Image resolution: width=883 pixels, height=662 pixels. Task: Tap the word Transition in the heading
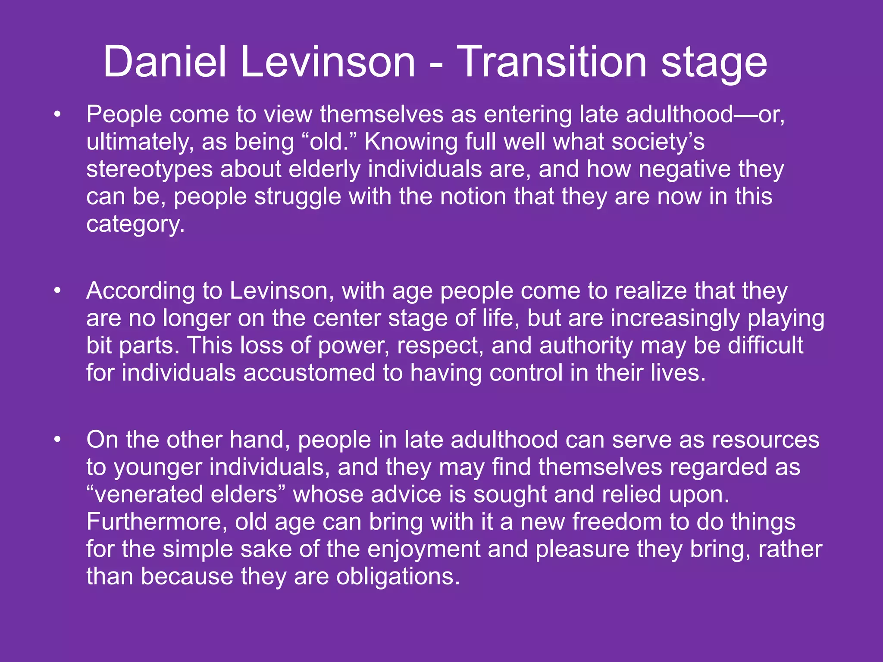coord(551,62)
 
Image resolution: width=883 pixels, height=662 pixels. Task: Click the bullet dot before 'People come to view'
coord(57,115)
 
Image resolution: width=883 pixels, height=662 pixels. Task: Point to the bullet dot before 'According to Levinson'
coord(57,291)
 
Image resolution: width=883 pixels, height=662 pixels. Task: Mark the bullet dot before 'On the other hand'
coord(57,440)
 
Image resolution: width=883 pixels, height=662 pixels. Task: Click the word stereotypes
coord(149,169)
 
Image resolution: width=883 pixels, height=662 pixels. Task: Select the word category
coord(135,225)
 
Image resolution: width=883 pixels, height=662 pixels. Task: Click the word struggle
coord(297,197)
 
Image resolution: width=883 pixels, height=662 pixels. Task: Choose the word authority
coord(586,346)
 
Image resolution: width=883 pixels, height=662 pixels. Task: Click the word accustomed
coord(309,373)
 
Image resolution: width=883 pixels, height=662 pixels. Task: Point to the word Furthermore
coord(157,522)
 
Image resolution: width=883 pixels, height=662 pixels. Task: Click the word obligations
coord(398,577)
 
